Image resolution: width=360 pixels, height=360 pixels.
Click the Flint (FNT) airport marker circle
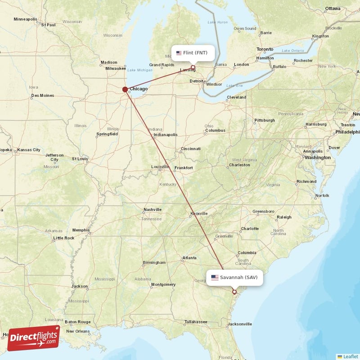[193, 68]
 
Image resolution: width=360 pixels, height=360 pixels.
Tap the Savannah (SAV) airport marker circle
[234, 292]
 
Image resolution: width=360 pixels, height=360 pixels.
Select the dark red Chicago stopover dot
[125, 89]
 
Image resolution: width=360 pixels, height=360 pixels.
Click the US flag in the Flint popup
[179, 53]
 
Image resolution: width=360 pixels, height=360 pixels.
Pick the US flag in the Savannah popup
[215, 277]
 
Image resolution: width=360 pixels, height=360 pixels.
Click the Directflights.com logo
[33, 338]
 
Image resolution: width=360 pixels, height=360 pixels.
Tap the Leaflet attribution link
[349, 356]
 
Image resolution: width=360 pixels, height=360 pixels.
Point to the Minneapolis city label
[26, 19]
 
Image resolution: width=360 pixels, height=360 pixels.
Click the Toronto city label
[265, 49]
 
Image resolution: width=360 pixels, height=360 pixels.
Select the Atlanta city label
[189, 258]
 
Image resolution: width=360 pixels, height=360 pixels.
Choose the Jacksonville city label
[239, 324]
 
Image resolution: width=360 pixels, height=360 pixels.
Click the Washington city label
[317, 157]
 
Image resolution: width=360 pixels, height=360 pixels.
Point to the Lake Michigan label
[139, 70]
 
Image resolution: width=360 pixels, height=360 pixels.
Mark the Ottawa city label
[333, 9]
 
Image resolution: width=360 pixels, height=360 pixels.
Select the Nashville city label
[153, 210]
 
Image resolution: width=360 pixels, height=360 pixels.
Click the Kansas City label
[29, 150]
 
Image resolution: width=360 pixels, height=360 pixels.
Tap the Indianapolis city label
[165, 135]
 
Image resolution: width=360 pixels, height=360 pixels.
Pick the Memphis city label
[81, 230]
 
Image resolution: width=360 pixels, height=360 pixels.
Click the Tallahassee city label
[196, 322]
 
